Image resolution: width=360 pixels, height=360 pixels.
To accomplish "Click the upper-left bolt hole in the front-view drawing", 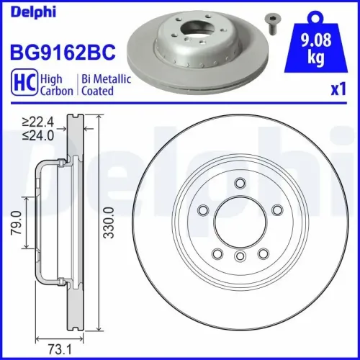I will (x=204, y=210).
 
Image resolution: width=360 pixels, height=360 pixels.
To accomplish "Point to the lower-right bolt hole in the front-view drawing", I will (x=263, y=251).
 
